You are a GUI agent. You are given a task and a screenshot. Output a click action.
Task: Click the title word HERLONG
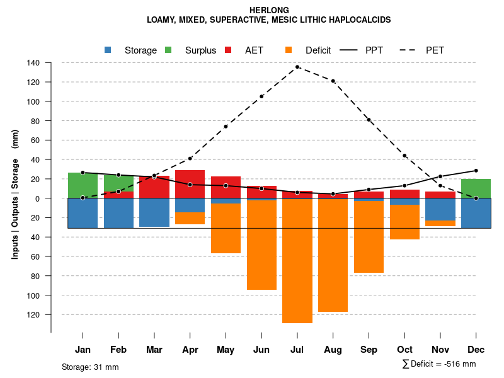[269, 10]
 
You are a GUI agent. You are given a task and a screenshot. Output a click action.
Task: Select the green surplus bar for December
[476, 188]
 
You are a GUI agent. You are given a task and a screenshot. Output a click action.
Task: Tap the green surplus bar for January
[83, 185]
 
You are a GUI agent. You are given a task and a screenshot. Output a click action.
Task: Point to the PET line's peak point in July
[297, 67]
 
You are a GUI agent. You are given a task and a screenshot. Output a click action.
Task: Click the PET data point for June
[261, 96]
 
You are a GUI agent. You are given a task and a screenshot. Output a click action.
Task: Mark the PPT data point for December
[476, 171]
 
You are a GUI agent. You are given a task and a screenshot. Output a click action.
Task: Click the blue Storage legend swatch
[108, 50]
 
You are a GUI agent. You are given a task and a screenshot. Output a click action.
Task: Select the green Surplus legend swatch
[168, 50]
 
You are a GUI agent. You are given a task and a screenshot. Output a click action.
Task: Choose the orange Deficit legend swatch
[289, 50]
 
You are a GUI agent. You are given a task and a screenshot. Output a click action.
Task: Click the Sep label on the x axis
[369, 350]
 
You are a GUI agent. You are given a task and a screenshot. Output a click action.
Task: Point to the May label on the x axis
[226, 350]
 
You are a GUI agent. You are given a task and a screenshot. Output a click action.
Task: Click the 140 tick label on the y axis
[33, 63]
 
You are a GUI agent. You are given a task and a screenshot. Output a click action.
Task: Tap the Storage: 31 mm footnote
[90, 367]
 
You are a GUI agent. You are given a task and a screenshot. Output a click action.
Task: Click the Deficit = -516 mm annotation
[439, 364]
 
